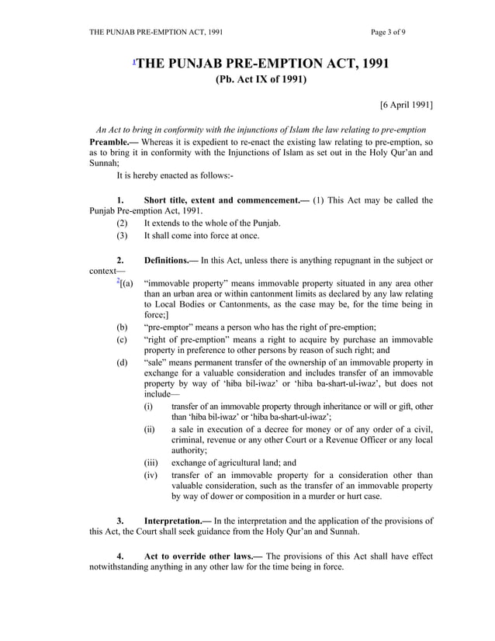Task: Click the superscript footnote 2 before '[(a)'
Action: click(x=118, y=280)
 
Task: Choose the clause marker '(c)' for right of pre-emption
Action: click(x=122, y=340)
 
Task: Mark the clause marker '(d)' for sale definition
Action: click(x=122, y=362)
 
